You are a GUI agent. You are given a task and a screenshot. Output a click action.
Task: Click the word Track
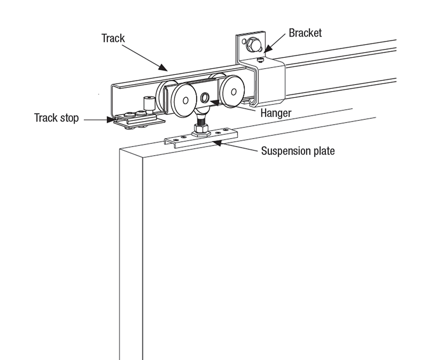point(113,38)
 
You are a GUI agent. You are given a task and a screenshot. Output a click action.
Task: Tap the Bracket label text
point(305,33)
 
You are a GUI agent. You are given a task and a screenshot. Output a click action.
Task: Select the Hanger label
point(275,113)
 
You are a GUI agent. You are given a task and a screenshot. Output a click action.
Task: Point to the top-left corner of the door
point(121,149)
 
